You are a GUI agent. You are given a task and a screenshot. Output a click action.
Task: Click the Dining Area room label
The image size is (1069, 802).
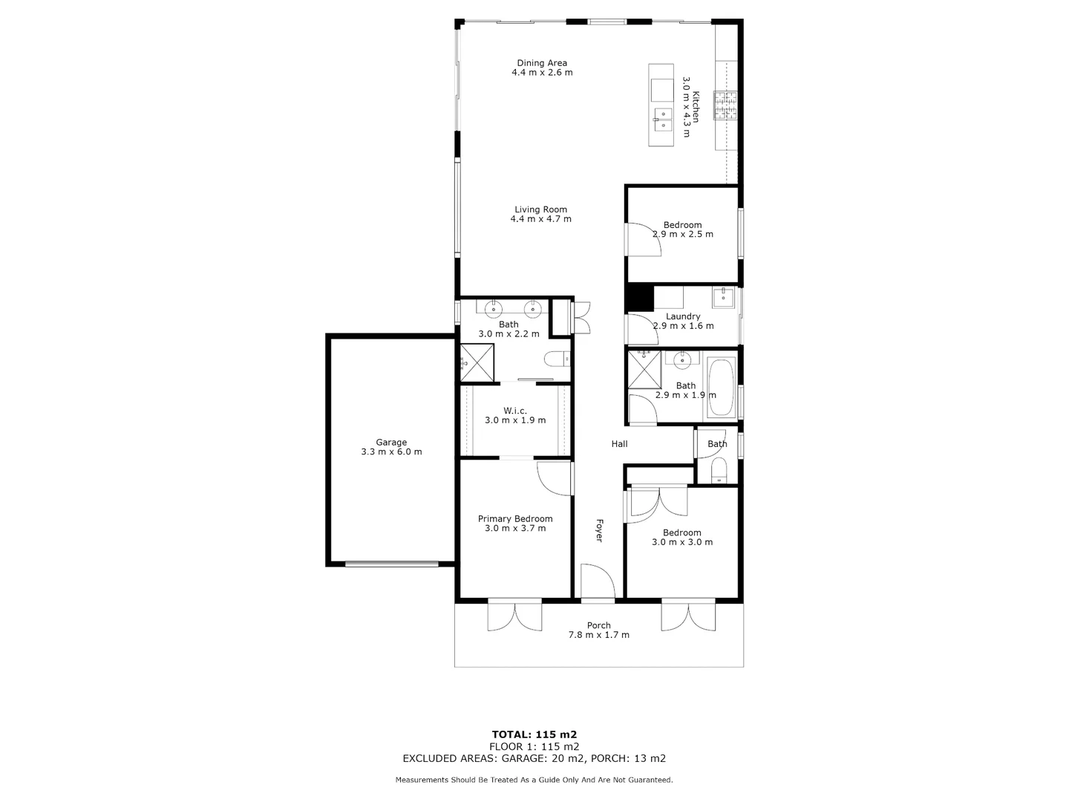click(542, 63)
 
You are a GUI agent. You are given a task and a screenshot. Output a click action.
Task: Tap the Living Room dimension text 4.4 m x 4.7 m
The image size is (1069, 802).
click(540, 219)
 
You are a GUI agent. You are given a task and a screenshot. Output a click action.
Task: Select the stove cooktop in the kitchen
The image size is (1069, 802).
click(726, 105)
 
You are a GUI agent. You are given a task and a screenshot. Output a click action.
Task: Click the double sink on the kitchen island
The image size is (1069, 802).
click(662, 119)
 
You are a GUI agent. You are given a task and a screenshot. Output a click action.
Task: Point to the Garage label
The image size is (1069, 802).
click(391, 443)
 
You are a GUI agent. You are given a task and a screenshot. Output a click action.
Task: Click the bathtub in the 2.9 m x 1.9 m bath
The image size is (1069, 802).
click(721, 388)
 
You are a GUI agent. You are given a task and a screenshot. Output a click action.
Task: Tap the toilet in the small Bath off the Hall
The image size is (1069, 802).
click(718, 471)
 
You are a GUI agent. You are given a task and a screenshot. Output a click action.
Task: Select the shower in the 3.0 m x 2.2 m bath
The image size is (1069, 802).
click(477, 362)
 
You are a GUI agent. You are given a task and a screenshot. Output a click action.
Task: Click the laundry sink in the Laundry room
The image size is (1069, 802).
click(723, 298)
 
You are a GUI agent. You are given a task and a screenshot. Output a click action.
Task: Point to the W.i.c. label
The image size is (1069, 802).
click(515, 411)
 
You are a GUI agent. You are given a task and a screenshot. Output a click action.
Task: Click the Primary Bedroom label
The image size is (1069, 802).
click(515, 519)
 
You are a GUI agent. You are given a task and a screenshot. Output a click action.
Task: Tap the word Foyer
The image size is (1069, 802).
click(598, 530)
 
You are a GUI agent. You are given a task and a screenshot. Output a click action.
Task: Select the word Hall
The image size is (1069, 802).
click(619, 444)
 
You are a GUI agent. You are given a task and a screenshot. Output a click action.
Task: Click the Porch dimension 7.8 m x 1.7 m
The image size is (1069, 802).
click(598, 635)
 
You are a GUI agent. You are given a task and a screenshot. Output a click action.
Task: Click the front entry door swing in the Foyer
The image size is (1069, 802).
click(597, 581)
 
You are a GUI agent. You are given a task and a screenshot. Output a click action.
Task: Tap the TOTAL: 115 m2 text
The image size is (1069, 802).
click(534, 734)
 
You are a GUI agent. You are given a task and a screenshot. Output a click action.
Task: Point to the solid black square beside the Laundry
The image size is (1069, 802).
click(638, 298)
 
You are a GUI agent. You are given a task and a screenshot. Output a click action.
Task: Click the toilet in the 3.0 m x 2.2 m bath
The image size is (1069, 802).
click(556, 359)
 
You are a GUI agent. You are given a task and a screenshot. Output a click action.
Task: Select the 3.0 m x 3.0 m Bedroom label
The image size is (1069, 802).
click(681, 532)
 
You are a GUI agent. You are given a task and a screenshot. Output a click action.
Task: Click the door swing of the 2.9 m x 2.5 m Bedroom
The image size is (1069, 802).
click(643, 240)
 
